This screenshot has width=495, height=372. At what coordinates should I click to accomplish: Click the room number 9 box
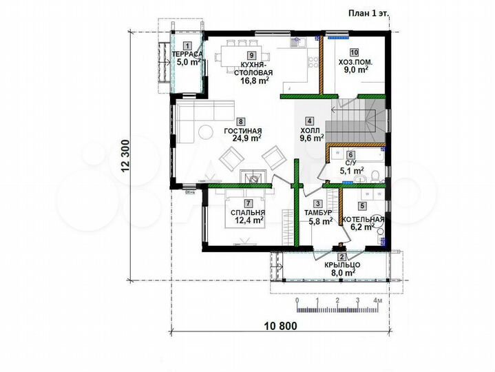251,55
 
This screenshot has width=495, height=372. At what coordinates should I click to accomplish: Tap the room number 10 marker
354,52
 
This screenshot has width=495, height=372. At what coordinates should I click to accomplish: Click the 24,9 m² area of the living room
242,138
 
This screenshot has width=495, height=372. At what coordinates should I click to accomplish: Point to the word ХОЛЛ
310,130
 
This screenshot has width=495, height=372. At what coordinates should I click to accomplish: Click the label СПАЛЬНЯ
248,212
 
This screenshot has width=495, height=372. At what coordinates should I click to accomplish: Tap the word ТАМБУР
318,212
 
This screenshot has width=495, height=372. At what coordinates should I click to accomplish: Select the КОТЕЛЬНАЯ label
363,220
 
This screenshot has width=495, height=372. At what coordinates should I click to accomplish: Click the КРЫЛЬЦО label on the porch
342,265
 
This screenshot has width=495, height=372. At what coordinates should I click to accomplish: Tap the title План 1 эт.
369,13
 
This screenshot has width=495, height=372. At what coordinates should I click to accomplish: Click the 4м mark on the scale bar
377,300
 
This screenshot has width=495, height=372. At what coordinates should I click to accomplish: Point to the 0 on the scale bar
297,300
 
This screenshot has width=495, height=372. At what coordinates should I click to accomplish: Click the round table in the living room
206,132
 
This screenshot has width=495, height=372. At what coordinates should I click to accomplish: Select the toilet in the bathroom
376,176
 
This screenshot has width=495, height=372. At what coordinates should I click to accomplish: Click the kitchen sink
297,42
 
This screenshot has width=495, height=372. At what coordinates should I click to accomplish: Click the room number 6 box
350,155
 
